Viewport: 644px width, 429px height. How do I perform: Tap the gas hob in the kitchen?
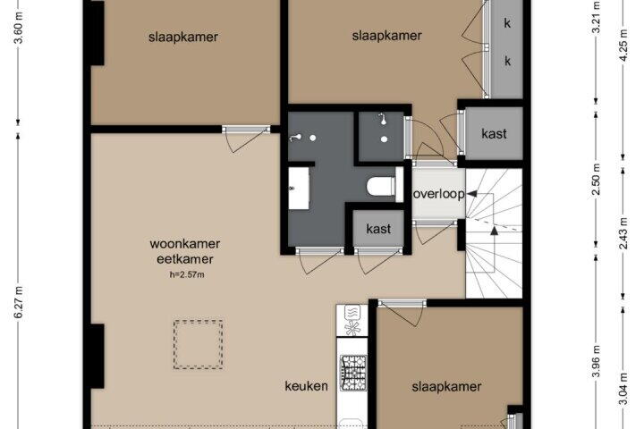(353, 373)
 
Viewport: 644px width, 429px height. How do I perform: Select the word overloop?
(438, 194)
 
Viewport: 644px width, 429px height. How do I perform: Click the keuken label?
(307, 386)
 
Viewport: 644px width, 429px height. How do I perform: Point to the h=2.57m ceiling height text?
(187, 274)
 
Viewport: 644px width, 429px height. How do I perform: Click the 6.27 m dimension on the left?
(19, 302)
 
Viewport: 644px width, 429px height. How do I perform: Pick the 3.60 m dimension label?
(19, 29)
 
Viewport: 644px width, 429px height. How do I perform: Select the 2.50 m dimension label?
(597, 179)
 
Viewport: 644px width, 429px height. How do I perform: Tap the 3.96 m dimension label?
(597, 361)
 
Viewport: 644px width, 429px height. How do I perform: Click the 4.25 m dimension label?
(623, 46)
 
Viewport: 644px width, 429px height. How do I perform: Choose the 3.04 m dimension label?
(623, 389)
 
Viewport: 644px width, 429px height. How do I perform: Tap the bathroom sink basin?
(299, 188)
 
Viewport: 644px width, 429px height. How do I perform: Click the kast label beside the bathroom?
(378, 228)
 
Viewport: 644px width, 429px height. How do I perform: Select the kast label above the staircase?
(494, 133)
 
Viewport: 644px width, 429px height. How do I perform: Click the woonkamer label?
(185, 244)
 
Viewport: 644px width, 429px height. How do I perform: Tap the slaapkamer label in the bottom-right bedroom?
(446, 387)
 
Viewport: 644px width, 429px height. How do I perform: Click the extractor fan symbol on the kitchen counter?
(352, 328)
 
